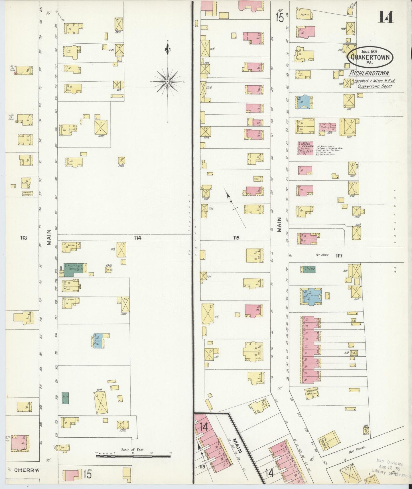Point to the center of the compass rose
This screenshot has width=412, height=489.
point(168,82)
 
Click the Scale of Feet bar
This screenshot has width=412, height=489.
point(133,456)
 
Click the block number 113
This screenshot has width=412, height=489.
point(23,237)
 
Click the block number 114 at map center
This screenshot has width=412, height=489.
point(138,237)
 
